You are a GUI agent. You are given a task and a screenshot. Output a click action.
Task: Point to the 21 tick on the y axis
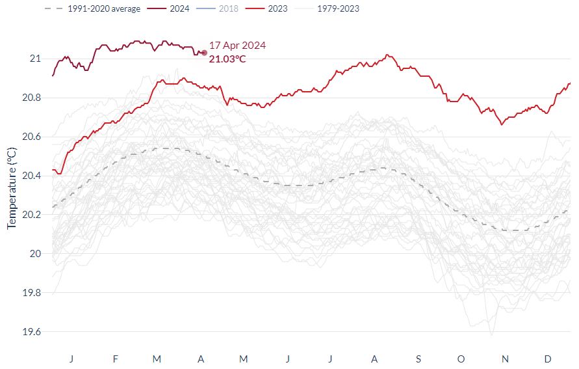(35, 59)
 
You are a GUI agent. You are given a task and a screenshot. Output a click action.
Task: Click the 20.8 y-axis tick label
(30, 98)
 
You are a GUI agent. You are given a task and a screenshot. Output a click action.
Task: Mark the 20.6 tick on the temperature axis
(30, 137)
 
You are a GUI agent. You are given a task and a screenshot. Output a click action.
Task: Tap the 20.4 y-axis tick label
(30, 176)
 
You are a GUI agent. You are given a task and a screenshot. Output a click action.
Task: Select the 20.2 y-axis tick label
(30, 215)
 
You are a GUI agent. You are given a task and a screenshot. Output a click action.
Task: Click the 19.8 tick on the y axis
(30, 293)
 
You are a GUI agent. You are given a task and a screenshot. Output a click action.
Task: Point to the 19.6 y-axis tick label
(30, 332)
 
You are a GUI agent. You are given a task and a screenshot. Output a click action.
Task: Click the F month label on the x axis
(115, 359)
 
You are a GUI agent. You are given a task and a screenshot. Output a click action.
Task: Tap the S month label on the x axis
(418, 359)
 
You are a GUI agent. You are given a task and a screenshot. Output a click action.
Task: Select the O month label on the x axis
(461, 359)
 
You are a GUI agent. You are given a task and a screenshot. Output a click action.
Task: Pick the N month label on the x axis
(506, 359)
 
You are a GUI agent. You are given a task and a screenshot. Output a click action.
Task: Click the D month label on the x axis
(548, 359)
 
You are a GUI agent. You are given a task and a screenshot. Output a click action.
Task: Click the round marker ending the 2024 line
(204, 53)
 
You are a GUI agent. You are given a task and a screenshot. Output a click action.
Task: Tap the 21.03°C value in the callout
(227, 59)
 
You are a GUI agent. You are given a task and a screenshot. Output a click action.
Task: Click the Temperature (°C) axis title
(11, 187)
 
